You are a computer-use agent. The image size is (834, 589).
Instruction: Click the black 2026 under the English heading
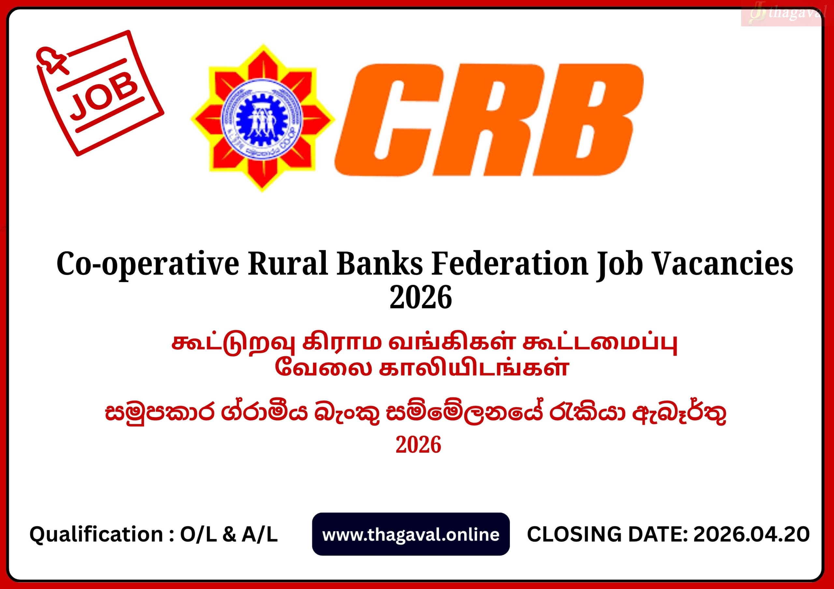(421, 297)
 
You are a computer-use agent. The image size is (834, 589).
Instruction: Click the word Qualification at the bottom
(96, 535)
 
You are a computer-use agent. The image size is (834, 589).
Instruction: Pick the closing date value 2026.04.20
(751, 534)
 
